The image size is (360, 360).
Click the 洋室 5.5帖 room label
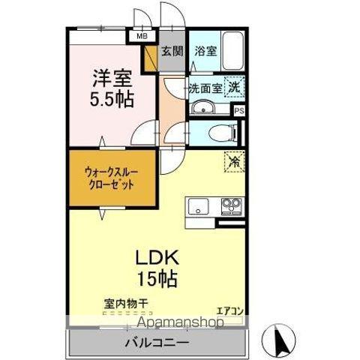[x=113, y=88]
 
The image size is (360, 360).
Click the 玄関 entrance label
[x=172, y=52]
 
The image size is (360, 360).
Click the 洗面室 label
[x=205, y=88]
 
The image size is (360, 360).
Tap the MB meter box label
[x=141, y=34]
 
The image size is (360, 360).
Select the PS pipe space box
[x=239, y=111]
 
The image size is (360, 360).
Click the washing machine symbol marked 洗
[x=235, y=86]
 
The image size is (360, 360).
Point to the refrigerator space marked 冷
[x=234, y=160]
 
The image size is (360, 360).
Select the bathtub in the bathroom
[x=229, y=49]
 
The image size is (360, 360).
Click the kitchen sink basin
[x=199, y=205]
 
